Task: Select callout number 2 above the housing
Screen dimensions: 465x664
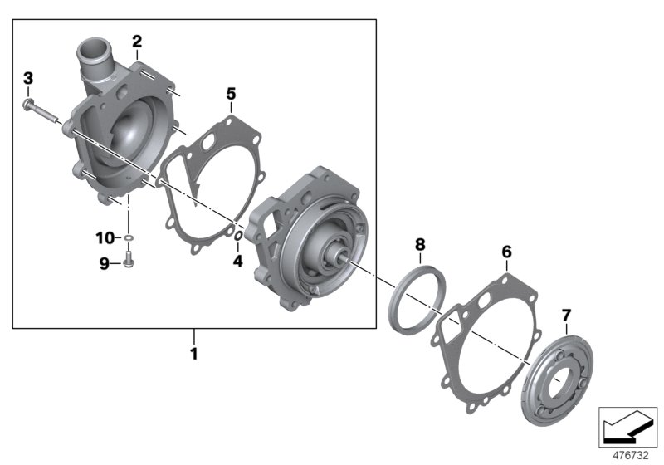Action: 137,41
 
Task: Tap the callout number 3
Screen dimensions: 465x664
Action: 27,78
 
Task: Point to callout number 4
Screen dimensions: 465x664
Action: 237,261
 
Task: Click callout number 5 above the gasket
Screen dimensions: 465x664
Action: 232,95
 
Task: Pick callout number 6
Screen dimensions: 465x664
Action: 506,250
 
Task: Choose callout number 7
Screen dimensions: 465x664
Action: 567,315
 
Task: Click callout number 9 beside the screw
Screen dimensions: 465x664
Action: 105,263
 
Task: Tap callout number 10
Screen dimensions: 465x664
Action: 103,239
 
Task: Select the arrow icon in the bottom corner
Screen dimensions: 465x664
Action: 627,427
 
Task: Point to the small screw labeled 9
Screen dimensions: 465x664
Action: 129,263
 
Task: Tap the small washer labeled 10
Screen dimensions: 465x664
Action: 129,240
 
